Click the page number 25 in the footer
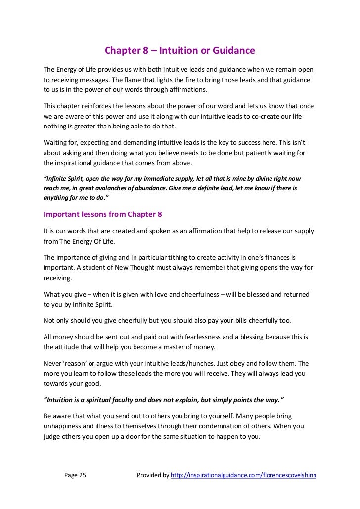tap(81, 475)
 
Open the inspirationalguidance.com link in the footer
tap(243, 475)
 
